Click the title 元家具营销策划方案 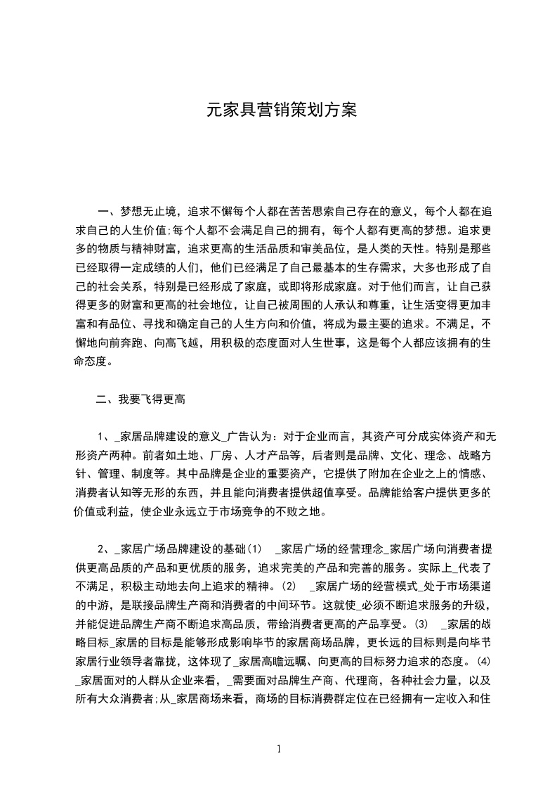282,110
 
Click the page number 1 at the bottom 279,748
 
